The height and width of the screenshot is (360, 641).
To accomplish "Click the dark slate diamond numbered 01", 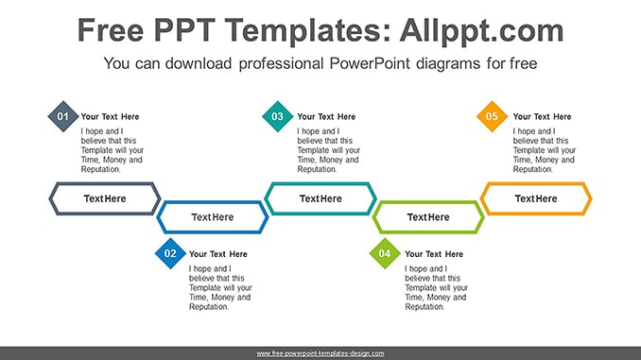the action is coord(63,116).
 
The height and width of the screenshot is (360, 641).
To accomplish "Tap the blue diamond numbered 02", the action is coord(170,253).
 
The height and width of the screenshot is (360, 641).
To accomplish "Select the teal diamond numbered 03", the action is coord(278,116).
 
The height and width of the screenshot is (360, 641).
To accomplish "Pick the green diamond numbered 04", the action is coord(385,253).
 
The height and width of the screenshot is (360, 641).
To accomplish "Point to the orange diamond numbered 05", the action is coord(492,116).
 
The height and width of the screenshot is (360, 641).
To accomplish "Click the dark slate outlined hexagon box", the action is coord(105,184).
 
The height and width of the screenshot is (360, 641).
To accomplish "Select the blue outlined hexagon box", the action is coord(213,203).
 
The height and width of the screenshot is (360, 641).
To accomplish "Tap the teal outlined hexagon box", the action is coord(320,184).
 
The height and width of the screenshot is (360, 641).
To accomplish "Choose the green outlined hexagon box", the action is coord(428,203).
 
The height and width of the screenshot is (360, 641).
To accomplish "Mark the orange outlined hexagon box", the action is coord(536,184).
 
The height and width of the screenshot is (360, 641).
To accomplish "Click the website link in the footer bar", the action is coord(320,353).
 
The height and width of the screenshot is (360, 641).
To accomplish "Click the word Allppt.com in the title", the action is coord(481,30).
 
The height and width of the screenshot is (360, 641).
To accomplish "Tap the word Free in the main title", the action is coord(111,30).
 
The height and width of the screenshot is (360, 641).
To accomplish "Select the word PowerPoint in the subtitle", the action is coord(370,63).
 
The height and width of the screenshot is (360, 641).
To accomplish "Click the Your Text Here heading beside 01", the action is coord(110,117).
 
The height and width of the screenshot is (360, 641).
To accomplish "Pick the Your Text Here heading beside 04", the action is coord(434,254).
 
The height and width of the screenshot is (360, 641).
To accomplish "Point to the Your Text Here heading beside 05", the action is coord(542,117).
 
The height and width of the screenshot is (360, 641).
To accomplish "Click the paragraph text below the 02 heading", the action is coord(220,287).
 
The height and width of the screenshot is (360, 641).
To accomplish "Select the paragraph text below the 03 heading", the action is coord(329,150).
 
